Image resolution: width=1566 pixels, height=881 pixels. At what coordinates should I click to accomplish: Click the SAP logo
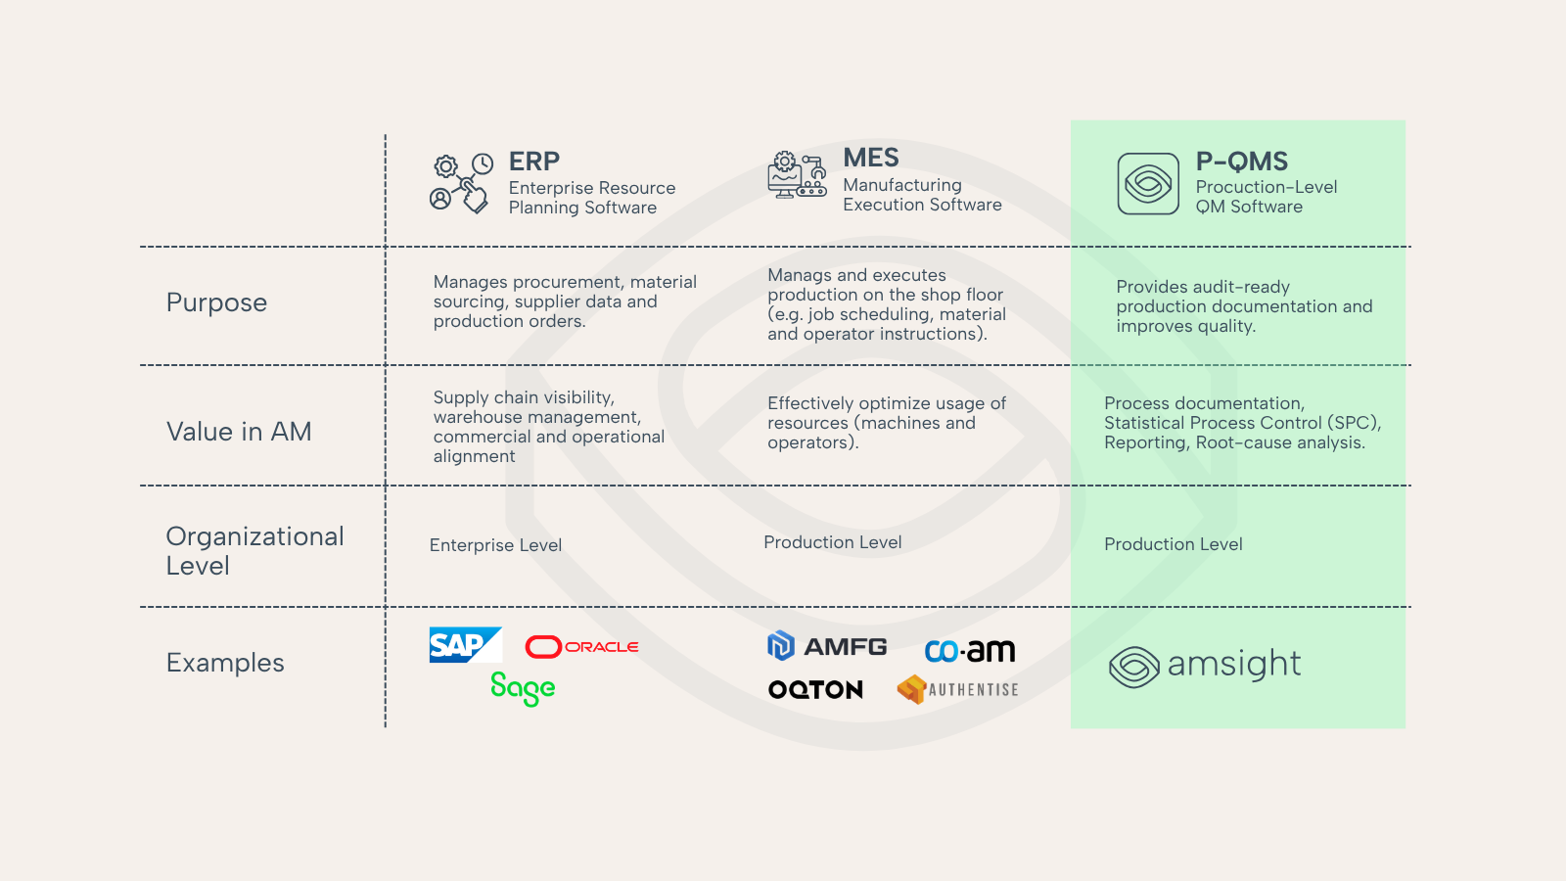pos(465,645)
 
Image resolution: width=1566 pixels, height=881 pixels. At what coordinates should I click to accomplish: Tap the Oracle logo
pos(582,647)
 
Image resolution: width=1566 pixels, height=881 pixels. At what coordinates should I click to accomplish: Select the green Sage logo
pos(523,688)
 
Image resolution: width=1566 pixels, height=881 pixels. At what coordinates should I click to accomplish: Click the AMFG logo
pos(828,646)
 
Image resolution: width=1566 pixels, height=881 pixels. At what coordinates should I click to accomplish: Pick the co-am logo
pos(970,651)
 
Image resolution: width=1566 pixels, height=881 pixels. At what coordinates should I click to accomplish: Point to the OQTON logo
pos(815,690)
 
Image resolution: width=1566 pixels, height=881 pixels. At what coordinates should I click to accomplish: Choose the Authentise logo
pos(957,690)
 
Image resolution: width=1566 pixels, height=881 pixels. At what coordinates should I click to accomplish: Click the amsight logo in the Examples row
pos(1205,666)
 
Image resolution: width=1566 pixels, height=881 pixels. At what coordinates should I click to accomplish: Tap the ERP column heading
pos(534,162)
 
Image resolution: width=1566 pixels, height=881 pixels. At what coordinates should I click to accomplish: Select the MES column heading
pos(871,158)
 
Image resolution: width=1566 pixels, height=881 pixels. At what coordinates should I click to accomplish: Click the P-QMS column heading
pos(1242,162)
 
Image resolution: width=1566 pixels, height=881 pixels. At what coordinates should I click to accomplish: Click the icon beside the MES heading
pos(797,176)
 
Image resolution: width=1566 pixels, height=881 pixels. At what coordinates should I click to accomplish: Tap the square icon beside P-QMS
pos(1148,183)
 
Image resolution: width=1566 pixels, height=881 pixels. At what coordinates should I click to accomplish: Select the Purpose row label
pos(216,302)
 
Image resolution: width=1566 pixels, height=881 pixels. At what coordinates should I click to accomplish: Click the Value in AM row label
pos(239,432)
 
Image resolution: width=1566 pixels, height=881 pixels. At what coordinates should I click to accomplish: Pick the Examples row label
pos(225,663)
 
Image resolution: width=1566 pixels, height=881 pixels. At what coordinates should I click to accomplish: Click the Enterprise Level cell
pos(495,545)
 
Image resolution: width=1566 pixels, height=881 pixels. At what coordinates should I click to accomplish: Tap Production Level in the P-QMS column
pos(1174,544)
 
